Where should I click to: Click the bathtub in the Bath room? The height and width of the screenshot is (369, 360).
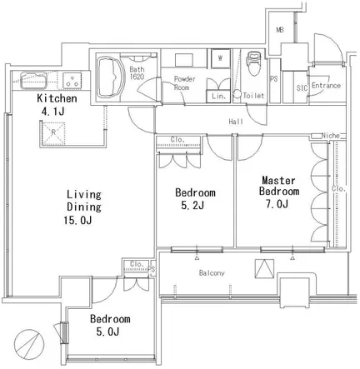pos(111,77)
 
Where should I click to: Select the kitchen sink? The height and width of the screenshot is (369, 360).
pos(33,80)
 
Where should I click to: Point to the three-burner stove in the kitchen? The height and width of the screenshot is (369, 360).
pos(72,80)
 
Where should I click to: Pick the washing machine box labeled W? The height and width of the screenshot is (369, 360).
pos(221,58)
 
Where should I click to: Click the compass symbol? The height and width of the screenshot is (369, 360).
pos(29,344)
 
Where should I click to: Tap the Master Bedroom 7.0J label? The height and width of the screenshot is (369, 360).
pos(279,192)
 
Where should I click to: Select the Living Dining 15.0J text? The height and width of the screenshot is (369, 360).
pos(82,207)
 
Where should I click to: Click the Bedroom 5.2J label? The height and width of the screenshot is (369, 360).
pos(195,199)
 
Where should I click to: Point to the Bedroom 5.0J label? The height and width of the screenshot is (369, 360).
pos(110,325)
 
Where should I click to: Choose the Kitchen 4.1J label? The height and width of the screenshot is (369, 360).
pos(57,105)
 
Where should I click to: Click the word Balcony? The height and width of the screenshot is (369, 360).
pos(212,273)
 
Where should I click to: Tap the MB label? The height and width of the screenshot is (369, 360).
pos(280,30)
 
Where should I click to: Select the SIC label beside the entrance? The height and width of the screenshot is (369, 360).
pos(302,88)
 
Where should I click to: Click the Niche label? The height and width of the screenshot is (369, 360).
pos(330,136)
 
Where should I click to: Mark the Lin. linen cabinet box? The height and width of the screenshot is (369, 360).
pos(218,96)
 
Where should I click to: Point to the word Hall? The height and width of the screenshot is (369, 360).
pos(236,122)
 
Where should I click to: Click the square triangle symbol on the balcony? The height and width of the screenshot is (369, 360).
pos(264,268)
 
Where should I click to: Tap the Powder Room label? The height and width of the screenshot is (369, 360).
pos(184,83)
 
